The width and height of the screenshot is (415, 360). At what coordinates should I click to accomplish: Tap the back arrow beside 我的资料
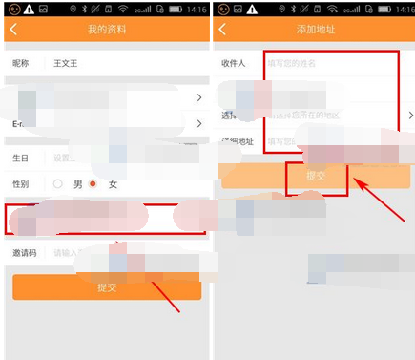coord(13,30)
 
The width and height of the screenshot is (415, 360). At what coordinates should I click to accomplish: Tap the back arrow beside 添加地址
coord(222,30)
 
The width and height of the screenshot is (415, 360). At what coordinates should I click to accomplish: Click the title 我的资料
coord(107,30)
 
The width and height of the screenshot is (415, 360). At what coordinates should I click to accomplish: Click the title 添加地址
coord(314,30)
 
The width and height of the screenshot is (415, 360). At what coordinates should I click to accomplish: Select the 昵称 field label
coord(21,63)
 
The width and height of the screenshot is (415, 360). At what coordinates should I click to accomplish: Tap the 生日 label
coord(21,158)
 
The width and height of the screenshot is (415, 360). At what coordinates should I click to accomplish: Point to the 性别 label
coord(21,183)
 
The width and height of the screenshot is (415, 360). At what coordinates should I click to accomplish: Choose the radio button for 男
coord(58,183)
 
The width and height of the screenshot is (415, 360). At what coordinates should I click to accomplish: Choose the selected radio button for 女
coord(93,183)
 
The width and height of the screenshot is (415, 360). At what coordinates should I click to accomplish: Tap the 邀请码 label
coord(24,253)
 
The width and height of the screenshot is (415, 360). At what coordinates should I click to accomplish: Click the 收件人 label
coord(235,63)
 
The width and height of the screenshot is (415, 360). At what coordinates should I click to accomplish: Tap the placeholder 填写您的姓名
coord(292,63)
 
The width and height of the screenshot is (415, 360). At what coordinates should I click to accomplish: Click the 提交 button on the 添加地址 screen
coord(316,177)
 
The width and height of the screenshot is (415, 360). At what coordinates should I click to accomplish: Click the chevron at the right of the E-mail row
coord(199,123)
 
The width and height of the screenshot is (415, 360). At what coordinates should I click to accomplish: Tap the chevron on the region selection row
coord(405,116)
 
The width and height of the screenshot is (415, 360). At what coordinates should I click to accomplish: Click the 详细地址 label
coord(238,141)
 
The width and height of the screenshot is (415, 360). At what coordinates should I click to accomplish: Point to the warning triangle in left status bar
coord(30,9)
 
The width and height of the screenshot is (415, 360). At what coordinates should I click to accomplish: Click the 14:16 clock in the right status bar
coord(402,9)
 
